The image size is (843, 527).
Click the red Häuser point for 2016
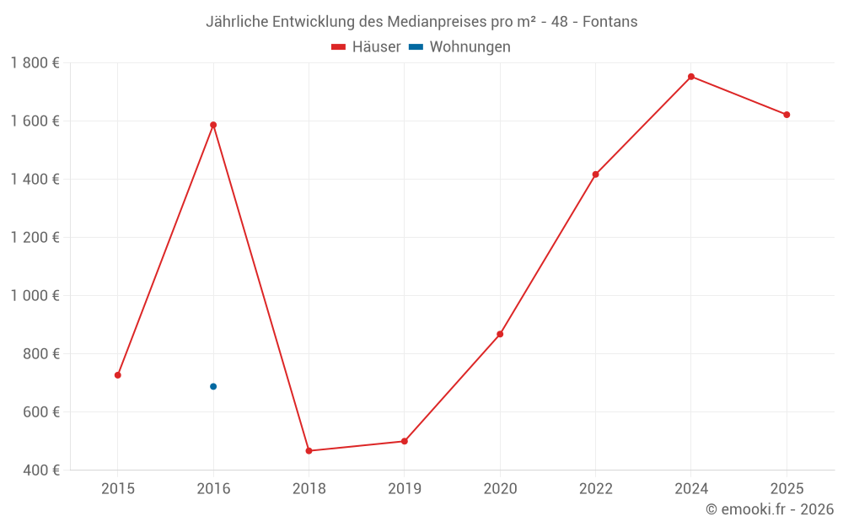(213, 125)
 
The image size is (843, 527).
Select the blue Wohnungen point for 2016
(213, 386)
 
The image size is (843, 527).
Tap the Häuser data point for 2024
(691, 77)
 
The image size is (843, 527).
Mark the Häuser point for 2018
(309, 451)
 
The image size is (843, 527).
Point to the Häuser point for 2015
(118, 375)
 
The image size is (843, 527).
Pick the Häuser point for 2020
(500, 334)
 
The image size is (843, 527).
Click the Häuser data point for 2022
(595, 175)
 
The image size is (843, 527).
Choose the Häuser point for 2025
(787, 115)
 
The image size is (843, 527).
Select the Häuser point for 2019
(405, 441)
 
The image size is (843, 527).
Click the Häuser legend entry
(366, 47)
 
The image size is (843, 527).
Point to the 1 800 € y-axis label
(35, 62)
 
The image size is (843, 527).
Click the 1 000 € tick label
(35, 296)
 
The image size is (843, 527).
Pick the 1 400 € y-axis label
(35, 179)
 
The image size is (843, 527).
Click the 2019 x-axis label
(405, 488)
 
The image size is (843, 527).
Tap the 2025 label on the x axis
(787, 488)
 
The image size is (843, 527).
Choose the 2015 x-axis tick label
(118, 488)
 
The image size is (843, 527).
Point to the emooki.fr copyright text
(770, 509)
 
